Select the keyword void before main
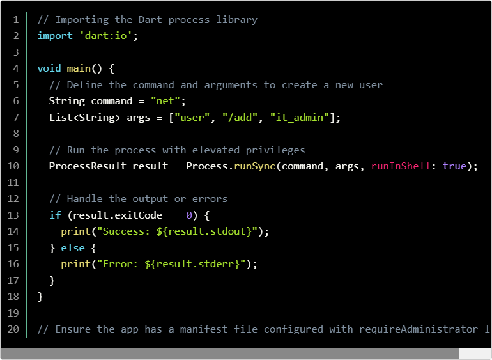[x=49, y=68]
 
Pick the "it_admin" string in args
[x=300, y=118]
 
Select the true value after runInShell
[x=454, y=166]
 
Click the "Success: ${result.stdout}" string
[x=174, y=231]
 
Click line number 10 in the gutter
[x=13, y=166]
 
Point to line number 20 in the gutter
[x=13, y=329]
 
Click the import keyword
[x=55, y=36]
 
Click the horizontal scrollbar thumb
[x=230, y=354]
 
